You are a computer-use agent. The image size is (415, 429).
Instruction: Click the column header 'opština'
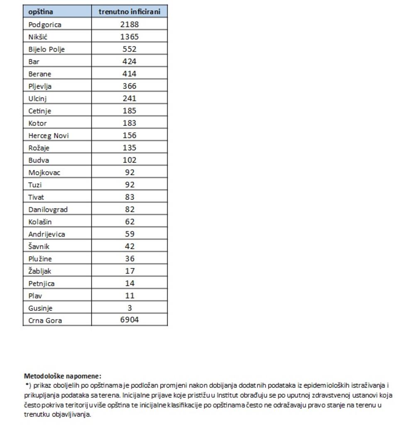pyautogui.click(x=41, y=12)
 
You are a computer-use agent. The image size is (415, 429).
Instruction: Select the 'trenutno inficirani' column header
pyautogui.click(x=129, y=12)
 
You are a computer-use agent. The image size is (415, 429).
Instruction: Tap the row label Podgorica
pyautogui.click(x=45, y=24)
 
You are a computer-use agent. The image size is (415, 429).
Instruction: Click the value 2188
pyautogui.click(x=129, y=24)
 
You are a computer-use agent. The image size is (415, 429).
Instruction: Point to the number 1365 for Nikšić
pyautogui.click(x=129, y=37)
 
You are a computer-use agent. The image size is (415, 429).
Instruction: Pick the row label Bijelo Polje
pyautogui.click(x=46, y=49)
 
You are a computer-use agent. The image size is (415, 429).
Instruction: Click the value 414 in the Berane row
pyautogui.click(x=129, y=74)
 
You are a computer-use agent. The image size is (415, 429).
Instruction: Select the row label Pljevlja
pyautogui.click(x=40, y=86)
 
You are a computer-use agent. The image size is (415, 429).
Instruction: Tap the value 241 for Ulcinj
pyautogui.click(x=129, y=99)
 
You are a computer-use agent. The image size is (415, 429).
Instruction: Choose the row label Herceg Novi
pyautogui.click(x=49, y=136)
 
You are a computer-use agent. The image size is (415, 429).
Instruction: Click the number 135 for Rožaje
pyautogui.click(x=129, y=148)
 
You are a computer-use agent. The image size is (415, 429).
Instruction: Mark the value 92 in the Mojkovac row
pyautogui.click(x=129, y=173)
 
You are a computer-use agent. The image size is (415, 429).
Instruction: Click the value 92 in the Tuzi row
pyautogui.click(x=129, y=185)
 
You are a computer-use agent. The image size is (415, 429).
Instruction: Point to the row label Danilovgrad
pyautogui.click(x=48, y=210)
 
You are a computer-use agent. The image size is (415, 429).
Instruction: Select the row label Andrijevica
pyautogui.click(x=46, y=234)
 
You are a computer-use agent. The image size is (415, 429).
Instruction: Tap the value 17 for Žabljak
pyautogui.click(x=129, y=271)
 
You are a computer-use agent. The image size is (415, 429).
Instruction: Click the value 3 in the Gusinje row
pyautogui.click(x=129, y=308)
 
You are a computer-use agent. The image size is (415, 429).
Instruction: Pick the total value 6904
pyautogui.click(x=129, y=320)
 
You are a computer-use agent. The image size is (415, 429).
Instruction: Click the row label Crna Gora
pyautogui.click(x=45, y=320)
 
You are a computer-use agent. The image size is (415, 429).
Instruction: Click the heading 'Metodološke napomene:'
pyautogui.click(x=62, y=376)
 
